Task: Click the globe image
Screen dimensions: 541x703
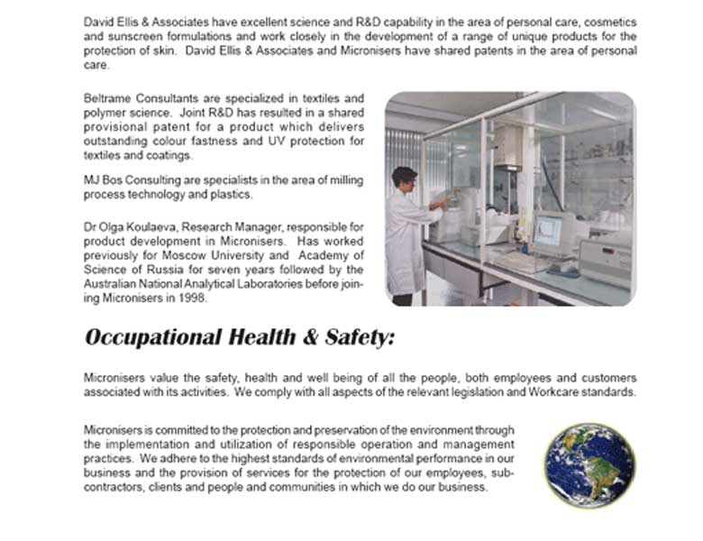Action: point(589,466)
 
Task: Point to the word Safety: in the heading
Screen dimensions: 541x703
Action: point(356,338)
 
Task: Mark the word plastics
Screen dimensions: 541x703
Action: point(233,195)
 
